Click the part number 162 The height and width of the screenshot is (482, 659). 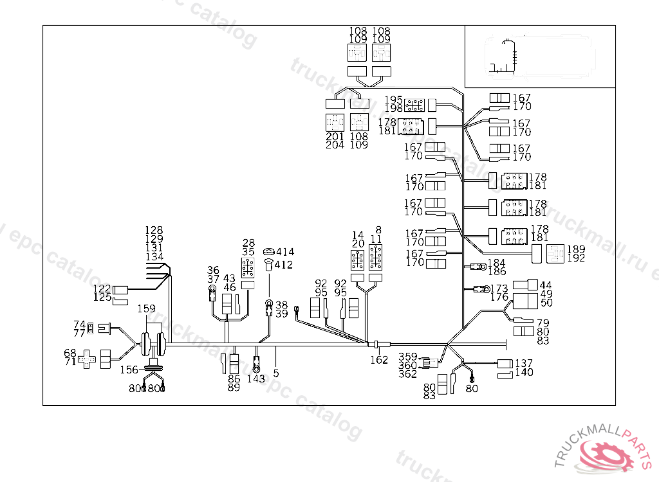379,361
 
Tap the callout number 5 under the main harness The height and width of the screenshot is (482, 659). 276,372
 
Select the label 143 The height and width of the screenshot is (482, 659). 255,379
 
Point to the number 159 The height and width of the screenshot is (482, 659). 146,309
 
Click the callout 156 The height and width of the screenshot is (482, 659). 129,370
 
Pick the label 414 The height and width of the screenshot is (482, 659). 284,252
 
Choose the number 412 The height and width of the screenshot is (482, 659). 284,264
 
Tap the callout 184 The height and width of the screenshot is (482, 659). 497,263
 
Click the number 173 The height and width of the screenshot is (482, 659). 499,289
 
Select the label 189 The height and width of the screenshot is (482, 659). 577,249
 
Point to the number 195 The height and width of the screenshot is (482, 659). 394,100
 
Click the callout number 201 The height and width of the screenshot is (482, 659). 335,136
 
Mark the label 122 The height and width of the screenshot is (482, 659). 102,289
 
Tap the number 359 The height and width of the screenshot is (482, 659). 407,357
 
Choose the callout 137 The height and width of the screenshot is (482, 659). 524,363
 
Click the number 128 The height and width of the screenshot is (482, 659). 154,230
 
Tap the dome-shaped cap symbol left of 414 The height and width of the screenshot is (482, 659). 270,251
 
